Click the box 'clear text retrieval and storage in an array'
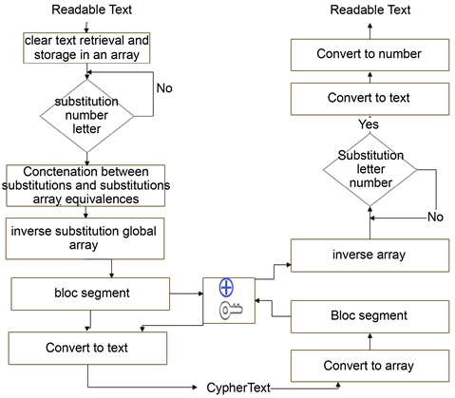pyautogui.click(x=87, y=48)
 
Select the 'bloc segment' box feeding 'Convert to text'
pyautogui.click(x=89, y=293)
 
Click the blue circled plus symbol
pyautogui.click(x=226, y=289)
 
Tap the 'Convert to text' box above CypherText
pyautogui.click(x=88, y=348)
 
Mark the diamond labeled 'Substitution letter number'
pyautogui.click(x=370, y=167)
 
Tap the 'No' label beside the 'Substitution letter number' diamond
pyautogui.click(x=435, y=217)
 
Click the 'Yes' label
pyautogui.click(x=369, y=124)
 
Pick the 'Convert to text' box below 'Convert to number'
pyautogui.click(x=370, y=97)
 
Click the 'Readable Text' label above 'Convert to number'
pyautogui.click(x=370, y=9)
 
